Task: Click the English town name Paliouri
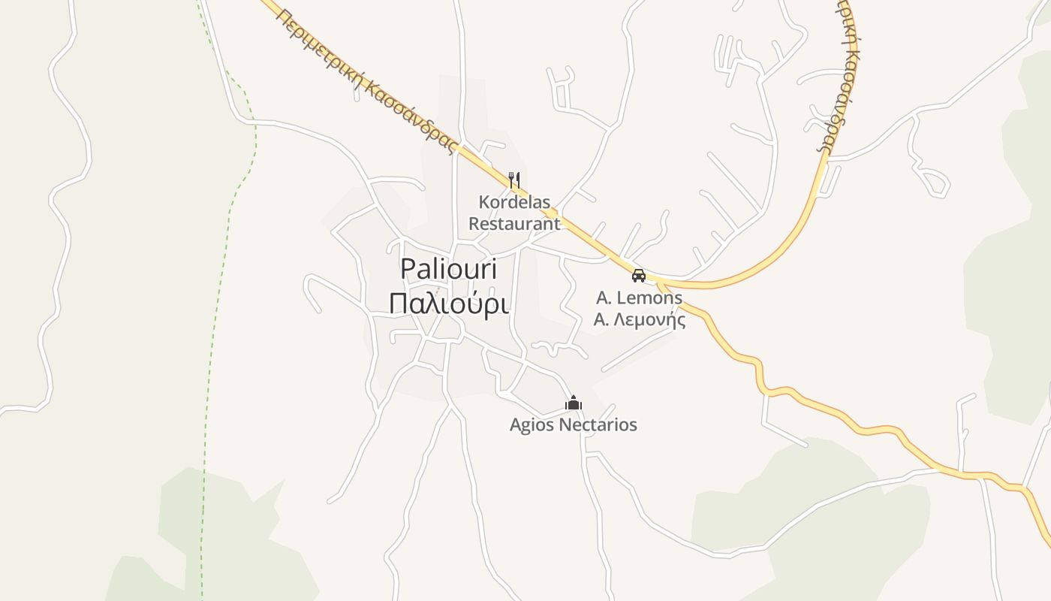(447, 270)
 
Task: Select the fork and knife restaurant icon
(514, 180)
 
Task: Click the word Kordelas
(514, 203)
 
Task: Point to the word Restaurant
(514, 223)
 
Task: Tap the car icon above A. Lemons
(639, 276)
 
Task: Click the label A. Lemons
(639, 298)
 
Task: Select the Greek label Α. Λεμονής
(639, 320)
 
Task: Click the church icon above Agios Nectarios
(574, 403)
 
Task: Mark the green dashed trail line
(218, 300)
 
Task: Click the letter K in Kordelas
(484, 203)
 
